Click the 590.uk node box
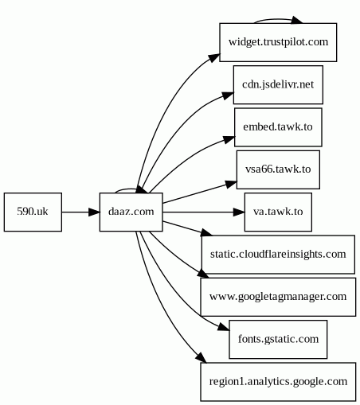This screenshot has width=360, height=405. point(33,212)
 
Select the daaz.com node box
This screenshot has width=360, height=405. point(131,212)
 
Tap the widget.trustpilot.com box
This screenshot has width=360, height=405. point(278,42)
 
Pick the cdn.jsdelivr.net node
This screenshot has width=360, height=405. point(278,85)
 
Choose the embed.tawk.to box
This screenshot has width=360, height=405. point(278,127)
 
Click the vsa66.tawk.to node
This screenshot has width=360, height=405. point(278,169)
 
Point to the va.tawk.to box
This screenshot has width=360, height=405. point(278,212)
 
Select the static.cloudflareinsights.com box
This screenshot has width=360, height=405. point(278,255)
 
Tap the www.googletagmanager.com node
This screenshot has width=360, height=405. point(278,297)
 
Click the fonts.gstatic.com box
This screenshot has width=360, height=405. point(278,339)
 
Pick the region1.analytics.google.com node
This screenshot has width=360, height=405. point(278,382)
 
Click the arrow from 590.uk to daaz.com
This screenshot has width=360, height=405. point(80,212)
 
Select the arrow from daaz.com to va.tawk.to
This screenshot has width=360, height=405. point(203,212)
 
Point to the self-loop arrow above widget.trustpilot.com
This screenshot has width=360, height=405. point(277,19)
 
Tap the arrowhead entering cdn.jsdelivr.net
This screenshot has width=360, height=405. point(228,95)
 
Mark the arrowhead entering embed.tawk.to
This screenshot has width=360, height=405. point(229,139)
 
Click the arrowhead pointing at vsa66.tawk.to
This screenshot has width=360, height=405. point(231,184)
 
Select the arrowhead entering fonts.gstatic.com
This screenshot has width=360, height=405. point(224,327)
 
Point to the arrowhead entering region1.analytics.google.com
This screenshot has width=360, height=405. point(201,357)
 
